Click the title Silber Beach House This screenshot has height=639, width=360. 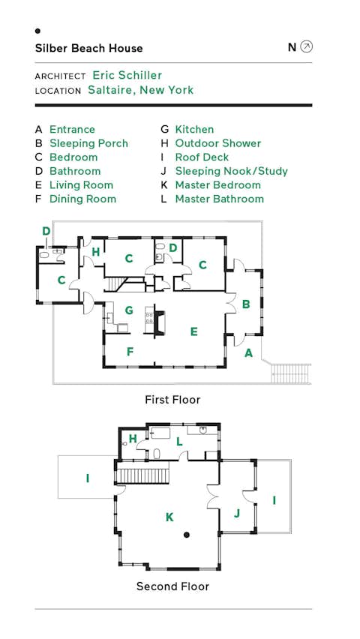click(x=88, y=48)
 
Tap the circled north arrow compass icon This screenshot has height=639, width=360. click(x=306, y=47)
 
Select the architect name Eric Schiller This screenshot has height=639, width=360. click(x=127, y=75)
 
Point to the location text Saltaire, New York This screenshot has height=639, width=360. click(x=140, y=90)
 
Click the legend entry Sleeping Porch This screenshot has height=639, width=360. click(x=88, y=143)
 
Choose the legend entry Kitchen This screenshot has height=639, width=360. click(x=194, y=129)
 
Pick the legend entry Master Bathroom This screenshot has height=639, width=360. click(x=219, y=199)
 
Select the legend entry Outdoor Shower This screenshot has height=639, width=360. click(x=217, y=143)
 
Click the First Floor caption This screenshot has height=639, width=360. click(x=172, y=400)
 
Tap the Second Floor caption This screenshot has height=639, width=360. click(x=172, y=586)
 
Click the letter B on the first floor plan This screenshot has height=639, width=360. click(x=245, y=304)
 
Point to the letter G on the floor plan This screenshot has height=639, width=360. click(x=129, y=310)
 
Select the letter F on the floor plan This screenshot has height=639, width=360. click(x=130, y=351)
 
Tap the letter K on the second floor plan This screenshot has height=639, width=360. click(x=169, y=517)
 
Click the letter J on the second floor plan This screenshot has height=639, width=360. click(x=236, y=514)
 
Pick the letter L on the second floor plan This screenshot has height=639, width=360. click(x=179, y=442)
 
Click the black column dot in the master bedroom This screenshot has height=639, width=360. click(x=187, y=535)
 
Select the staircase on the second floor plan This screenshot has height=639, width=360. click(x=147, y=475)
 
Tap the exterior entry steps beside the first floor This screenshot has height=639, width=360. click(x=290, y=371)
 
